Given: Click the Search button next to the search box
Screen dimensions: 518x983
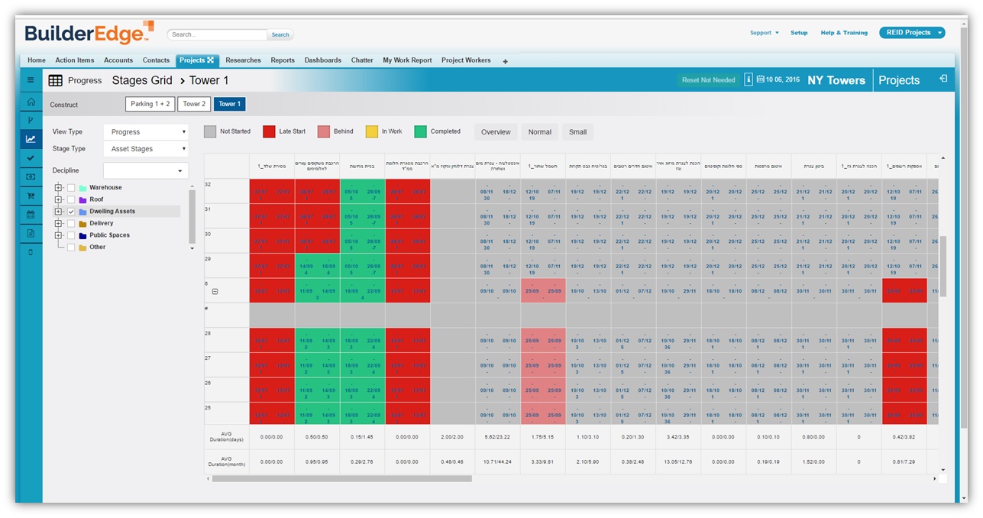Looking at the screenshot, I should click(x=280, y=34).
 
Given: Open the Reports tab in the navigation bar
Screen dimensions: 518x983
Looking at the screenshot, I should click(x=283, y=60).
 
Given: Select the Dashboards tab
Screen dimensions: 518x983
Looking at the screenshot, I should click(x=323, y=60).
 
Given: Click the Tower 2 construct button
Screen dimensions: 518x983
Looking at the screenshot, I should click(x=194, y=104).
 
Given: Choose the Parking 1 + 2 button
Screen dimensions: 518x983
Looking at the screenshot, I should click(x=150, y=104).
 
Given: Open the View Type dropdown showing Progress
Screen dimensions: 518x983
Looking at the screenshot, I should click(x=145, y=132).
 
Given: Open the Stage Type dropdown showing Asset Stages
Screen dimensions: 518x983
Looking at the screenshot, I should click(x=145, y=149).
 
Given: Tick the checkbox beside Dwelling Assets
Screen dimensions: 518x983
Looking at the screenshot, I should click(x=71, y=212).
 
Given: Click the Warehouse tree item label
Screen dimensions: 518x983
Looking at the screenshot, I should click(x=105, y=187).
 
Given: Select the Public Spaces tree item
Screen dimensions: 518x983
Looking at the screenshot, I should click(x=109, y=235).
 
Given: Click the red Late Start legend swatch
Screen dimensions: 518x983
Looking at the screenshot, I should click(x=269, y=131).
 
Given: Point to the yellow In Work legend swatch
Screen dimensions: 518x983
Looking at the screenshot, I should click(x=372, y=131).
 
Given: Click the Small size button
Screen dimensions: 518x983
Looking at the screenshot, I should click(x=578, y=132).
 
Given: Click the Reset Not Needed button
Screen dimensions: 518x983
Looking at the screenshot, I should click(x=708, y=80).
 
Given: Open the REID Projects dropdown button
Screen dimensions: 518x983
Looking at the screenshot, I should click(x=912, y=33).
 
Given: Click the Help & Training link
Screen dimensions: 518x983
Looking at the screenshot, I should click(x=844, y=33).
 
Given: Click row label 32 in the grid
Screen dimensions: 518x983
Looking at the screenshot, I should click(x=208, y=185).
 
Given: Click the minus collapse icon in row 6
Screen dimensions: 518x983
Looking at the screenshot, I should click(x=215, y=291).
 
